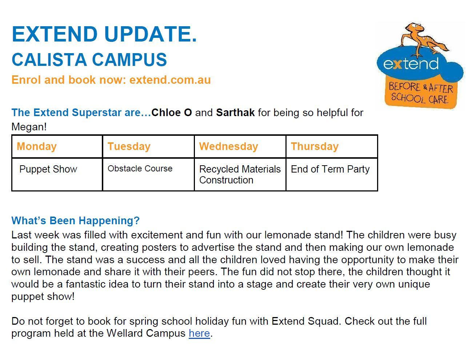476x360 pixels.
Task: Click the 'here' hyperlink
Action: pyautogui.click(x=199, y=333)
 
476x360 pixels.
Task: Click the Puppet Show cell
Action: pyautogui.click(x=57, y=174)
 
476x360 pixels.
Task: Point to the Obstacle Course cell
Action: pyautogui.click(x=148, y=174)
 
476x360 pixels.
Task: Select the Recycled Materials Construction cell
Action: pyautogui.click(x=240, y=174)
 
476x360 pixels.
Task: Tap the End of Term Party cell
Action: pyautogui.click(x=332, y=174)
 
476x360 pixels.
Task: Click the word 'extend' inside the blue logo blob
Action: pyautogui.click(x=411, y=64)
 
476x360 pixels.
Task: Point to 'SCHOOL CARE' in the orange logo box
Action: pyautogui.click(x=419, y=99)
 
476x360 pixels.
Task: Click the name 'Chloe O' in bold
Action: pyautogui.click(x=172, y=112)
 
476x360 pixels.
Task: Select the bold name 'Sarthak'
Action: pyautogui.click(x=235, y=112)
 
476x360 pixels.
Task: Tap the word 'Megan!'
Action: pyautogui.click(x=29, y=127)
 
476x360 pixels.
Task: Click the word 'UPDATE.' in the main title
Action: pyautogui.click(x=150, y=34)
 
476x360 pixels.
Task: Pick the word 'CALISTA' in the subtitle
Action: pyautogui.click(x=49, y=60)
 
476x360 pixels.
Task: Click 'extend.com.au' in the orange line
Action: pyautogui.click(x=170, y=80)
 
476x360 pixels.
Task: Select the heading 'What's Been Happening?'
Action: pyautogui.click(x=76, y=220)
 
